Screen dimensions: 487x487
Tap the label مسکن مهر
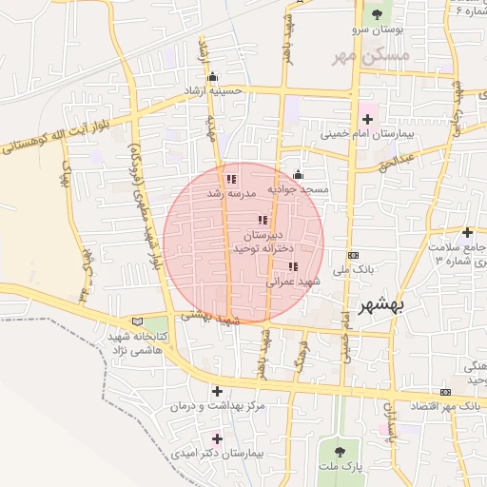click(x=370, y=56)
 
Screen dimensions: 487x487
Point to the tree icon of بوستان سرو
click(x=379, y=14)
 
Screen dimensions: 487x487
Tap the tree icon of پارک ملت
click(x=339, y=448)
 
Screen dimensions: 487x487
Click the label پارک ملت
click(x=341, y=465)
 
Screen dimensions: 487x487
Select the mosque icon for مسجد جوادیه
click(x=299, y=174)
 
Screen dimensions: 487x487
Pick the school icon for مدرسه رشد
click(x=231, y=179)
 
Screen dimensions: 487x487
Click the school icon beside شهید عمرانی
click(x=293, y=266)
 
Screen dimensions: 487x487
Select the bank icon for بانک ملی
click(x=354, y=255)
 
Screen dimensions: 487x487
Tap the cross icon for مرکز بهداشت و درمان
click(x=218, y=391)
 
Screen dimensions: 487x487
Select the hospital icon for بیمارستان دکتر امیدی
click(x=218, y=438)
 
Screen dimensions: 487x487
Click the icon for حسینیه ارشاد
click(x=212, y=77)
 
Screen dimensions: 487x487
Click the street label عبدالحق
click(x=398, y=161)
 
